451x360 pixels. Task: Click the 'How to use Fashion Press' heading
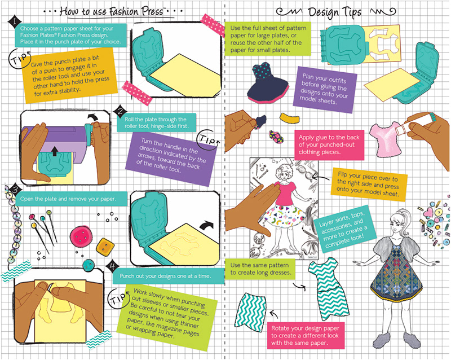112,11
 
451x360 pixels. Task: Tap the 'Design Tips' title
334,12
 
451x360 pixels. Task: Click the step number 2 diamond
121,112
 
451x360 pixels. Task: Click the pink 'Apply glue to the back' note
329,145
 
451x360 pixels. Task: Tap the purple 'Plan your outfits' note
325,90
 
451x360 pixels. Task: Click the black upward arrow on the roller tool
54,151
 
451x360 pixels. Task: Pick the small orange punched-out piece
290,117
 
